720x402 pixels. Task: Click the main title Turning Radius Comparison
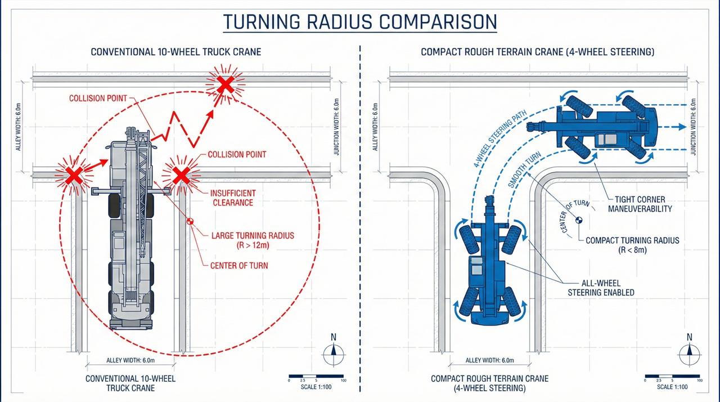360,22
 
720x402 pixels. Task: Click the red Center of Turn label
239,266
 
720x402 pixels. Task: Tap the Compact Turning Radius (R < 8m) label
632,245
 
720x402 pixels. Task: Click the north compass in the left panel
333,350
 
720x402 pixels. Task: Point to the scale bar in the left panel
316,376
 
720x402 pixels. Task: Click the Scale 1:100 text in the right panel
673,387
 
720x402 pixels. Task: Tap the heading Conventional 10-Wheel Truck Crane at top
175,52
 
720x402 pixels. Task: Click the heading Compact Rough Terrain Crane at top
537,52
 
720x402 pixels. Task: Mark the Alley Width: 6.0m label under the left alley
130,360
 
